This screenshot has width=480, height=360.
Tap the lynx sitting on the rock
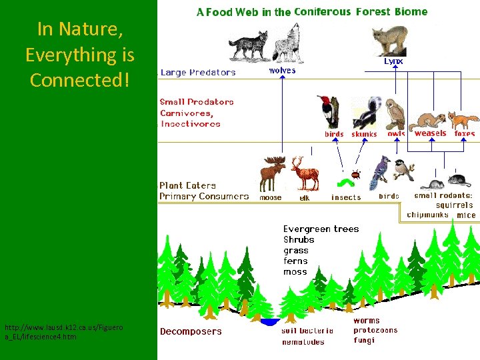click(x=391, y=40)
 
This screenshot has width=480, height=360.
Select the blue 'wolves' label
click(x=282, y=70)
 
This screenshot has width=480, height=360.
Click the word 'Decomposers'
click(x=191, y=331)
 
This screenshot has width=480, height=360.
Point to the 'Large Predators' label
click(x=197, y=72)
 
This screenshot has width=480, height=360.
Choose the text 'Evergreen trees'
click(x=321, y=229)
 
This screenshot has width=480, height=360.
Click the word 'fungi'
click(x=364, y=340)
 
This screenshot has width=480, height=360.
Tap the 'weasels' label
click(x=430, y=133)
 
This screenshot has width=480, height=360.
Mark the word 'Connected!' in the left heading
click(x=79, y=80)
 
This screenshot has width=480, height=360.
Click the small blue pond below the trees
click(x=269, y=322)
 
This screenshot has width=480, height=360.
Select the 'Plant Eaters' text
click(x=187, y=185)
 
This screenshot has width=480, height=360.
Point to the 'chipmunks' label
click(x=427, y=215)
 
